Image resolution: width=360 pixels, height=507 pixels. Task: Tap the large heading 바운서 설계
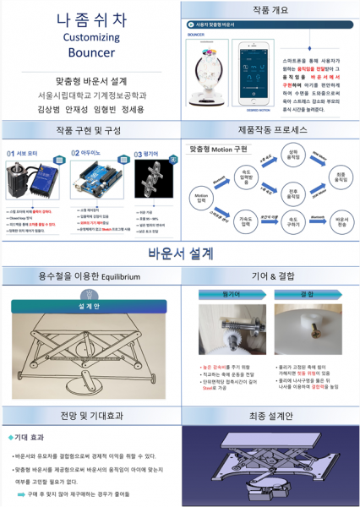pyautogui.click(x=180, y=252)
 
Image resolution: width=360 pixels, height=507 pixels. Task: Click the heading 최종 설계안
pyautogui.click(x=271, y=417)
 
